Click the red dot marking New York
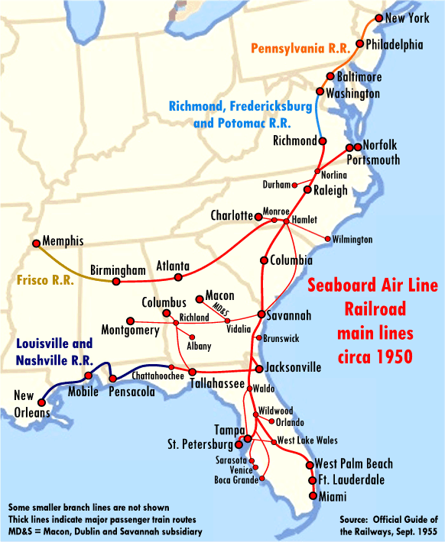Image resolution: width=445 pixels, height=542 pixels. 378,18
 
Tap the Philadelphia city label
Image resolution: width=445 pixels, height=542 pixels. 394,45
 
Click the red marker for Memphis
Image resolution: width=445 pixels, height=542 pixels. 35,244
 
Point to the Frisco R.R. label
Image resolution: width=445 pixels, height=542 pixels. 45,280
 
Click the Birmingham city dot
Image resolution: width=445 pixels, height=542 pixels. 115,282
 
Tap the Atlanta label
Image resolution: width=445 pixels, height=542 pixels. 173,266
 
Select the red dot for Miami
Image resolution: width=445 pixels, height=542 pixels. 313,495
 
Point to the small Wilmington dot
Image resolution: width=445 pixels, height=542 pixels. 328,239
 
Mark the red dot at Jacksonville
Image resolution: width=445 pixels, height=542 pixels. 259,369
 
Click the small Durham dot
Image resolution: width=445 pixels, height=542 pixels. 294,185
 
